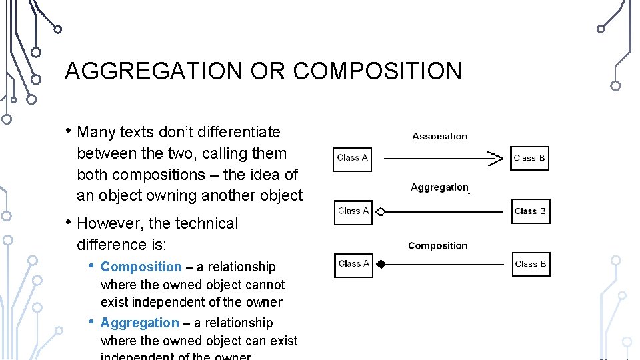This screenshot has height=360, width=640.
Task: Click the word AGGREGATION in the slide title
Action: [x=153, y=71]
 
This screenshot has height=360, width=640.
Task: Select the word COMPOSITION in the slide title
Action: [x=377, y=71]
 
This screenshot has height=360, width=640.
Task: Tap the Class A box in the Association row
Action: [x=353, y=158]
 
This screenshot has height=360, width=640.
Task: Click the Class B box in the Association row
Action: [x=529, y=158]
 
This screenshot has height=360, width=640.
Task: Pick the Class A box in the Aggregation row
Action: [x=353, y=211]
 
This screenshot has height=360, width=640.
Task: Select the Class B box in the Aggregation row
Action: [x=530, y=211]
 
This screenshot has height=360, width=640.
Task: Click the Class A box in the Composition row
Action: [x=353, y=264]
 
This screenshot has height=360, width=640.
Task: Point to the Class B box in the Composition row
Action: [x=531, y=264]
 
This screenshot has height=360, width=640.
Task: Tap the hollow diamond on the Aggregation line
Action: [x=381, y=212]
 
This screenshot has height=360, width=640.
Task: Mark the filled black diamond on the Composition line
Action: [x=381, y=264]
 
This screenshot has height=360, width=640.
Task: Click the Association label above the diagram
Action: [x=440, y=136]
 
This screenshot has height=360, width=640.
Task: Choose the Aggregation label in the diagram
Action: [x=440, y=187]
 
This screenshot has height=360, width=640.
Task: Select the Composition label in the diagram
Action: [x=438, y=245]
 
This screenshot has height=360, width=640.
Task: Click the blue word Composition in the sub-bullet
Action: [x=141, y=267]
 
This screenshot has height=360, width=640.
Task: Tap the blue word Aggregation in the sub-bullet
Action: [x=140, y=323]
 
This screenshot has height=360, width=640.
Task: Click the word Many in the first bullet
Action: [x=97, y=132]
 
